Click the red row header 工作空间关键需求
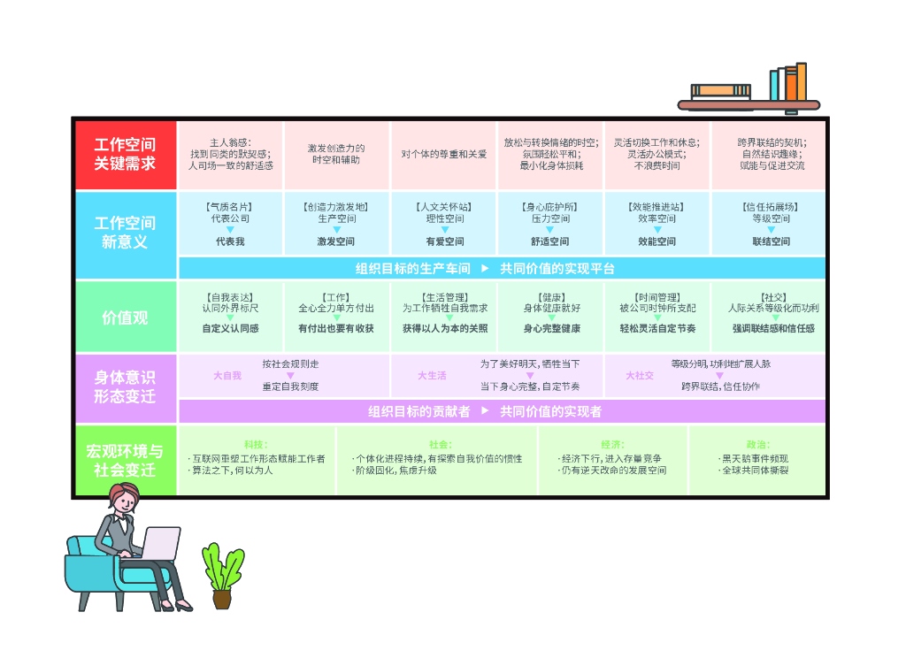click(125, 154)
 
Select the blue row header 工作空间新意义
click(125, 233)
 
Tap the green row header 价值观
click(125, 318)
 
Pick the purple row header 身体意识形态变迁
click(125, 387)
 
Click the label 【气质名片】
click(230, 207)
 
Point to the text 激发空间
click(336, 241)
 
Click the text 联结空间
click(771, 241)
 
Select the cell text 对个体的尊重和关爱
click(443, 154)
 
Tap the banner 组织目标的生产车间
click(412, 269)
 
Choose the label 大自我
click(227, 376)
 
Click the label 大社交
click(640, 376)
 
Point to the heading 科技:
click(257, 445)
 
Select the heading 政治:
click(756, 445)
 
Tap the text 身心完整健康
click(551, 328)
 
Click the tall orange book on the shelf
click(801, 82)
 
